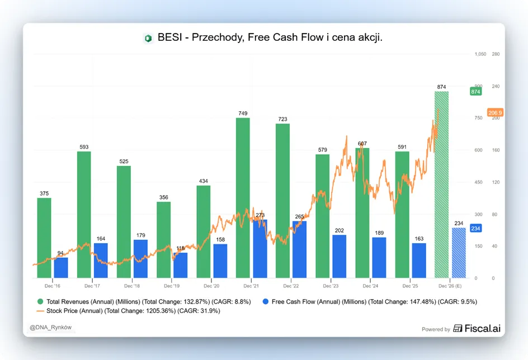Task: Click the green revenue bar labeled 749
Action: click(243, 198)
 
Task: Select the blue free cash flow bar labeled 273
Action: click(260, 249)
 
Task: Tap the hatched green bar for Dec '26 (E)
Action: click(441, 184)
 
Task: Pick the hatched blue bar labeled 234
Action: click(459, 253)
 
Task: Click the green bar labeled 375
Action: click(44, 238)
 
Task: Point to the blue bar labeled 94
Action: click(61, 268)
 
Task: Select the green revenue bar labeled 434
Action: click(204, 232)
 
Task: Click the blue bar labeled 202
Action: click(340, 257)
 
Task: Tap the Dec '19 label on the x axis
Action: click(172, 286)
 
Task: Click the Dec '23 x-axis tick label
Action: click(331, 286)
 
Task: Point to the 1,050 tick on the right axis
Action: click(480, 54)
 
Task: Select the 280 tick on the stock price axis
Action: click(496, 54)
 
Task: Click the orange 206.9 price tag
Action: click(496, 112)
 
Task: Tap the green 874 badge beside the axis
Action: click(475, 92)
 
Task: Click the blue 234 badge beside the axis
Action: click(475, 229)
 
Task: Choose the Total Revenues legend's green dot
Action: click(40, 302)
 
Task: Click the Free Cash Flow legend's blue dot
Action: click(266, 302)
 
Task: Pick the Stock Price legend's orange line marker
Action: click(40, 311)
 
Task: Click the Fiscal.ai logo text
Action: click(483, 328)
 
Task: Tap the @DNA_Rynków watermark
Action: click(50, 328)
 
